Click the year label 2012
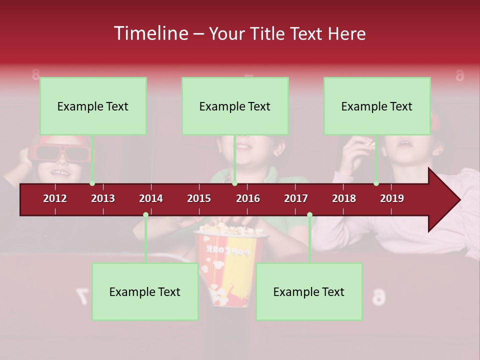[55, 198]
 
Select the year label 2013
[103, 198]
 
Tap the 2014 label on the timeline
[151, 198]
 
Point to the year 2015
[199, 198]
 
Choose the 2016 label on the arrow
[248, 198]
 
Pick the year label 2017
[296, 198]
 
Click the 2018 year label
[344, 198]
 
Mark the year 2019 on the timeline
[392, 198]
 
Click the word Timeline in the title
[150, 33]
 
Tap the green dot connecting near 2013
[92, 183]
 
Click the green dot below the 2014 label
[145, 215]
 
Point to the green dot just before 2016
[234, 183]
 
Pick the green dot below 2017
[309, 215]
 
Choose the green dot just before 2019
[376, 183]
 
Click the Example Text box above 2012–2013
[93, 106]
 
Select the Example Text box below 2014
[145, 291]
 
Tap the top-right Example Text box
[377, 106]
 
